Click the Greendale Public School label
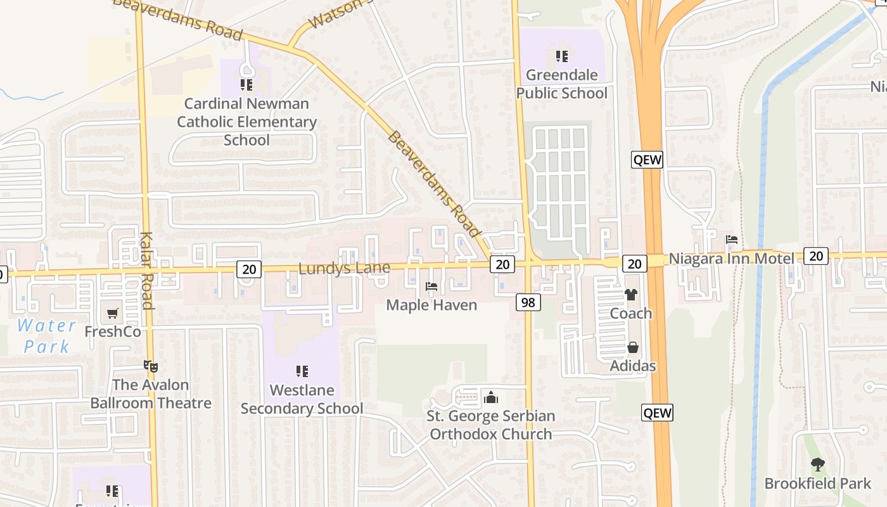click(x=561, y=84)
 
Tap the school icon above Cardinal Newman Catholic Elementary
click(x=246, y=84)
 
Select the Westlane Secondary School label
click(x=302, y=399)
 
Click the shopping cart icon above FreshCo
click(x=113, y=313)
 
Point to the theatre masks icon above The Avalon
click(x=150, y=366)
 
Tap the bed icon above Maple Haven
click(x=431, y=286)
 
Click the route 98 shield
click(x=528, y=302)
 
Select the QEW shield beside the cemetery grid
click(x=647, y=160)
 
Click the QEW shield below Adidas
click(x=656, y=413)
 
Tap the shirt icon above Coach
click(x=631, y=295)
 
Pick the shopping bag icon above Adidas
click(x=632, y=347)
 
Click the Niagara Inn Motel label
click(x=731, y=259)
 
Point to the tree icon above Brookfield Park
click(x=818, y=465)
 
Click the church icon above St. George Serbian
click(x=490, y=398)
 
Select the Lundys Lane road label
click(x=344, y=269)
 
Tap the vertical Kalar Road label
click(x=146, y=271)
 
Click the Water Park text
click(x=46, y=337)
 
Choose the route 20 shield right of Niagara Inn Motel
click(x=815, y=256)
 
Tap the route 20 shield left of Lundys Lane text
click(x=249, y=269)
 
